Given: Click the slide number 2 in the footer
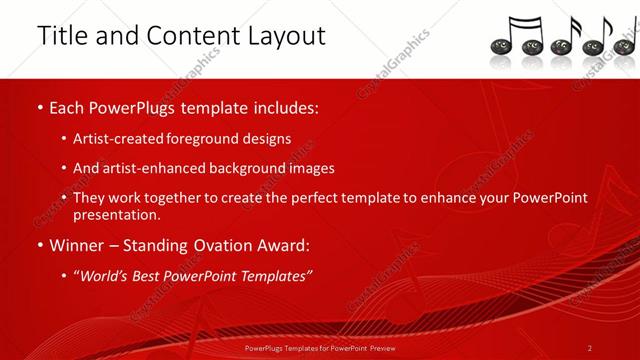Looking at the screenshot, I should pos(590,348).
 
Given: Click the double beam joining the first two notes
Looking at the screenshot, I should pos(522,21).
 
